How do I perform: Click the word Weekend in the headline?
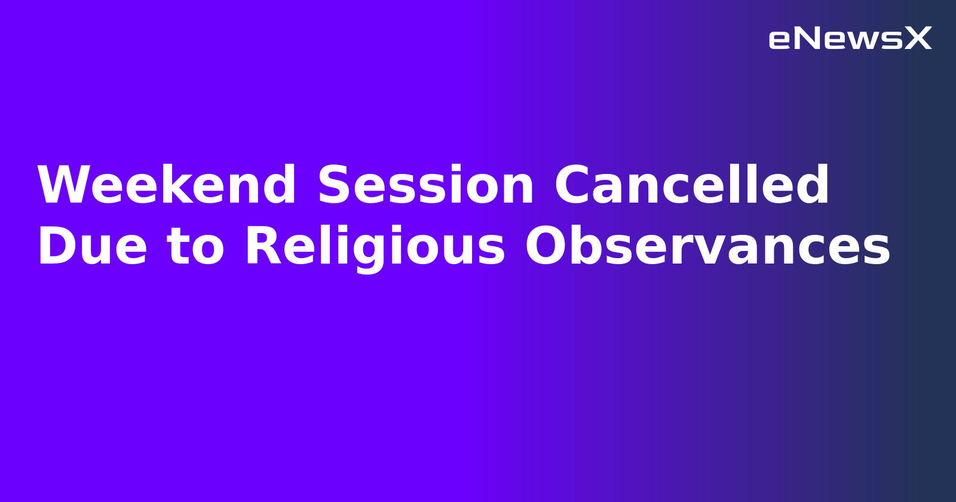click(x=166, y=186)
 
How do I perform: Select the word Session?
click(x=425, y=186)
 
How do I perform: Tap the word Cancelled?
click(x=691, y=186)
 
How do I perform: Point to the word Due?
click(x=92, y=247)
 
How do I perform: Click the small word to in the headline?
click(x=196, y=247)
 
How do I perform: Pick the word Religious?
click(x=375, y=247)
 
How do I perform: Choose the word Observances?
click(x=707, y=247)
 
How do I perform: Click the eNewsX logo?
click(x=850, y=39)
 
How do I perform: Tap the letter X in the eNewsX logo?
click(x=918, y=39)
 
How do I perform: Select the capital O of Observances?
click(x=547, y=247)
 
